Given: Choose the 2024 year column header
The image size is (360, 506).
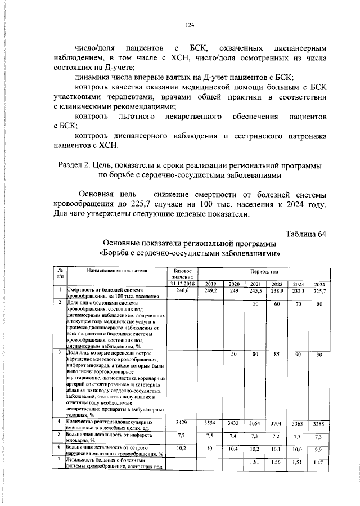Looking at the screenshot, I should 319,284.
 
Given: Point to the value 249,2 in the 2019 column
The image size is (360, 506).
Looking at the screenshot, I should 211,291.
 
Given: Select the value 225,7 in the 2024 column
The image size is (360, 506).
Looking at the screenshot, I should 319,291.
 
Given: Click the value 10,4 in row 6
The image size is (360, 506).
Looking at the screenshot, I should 233,449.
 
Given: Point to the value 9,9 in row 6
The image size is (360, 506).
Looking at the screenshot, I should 319,449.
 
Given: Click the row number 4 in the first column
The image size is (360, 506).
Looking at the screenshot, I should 60,420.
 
